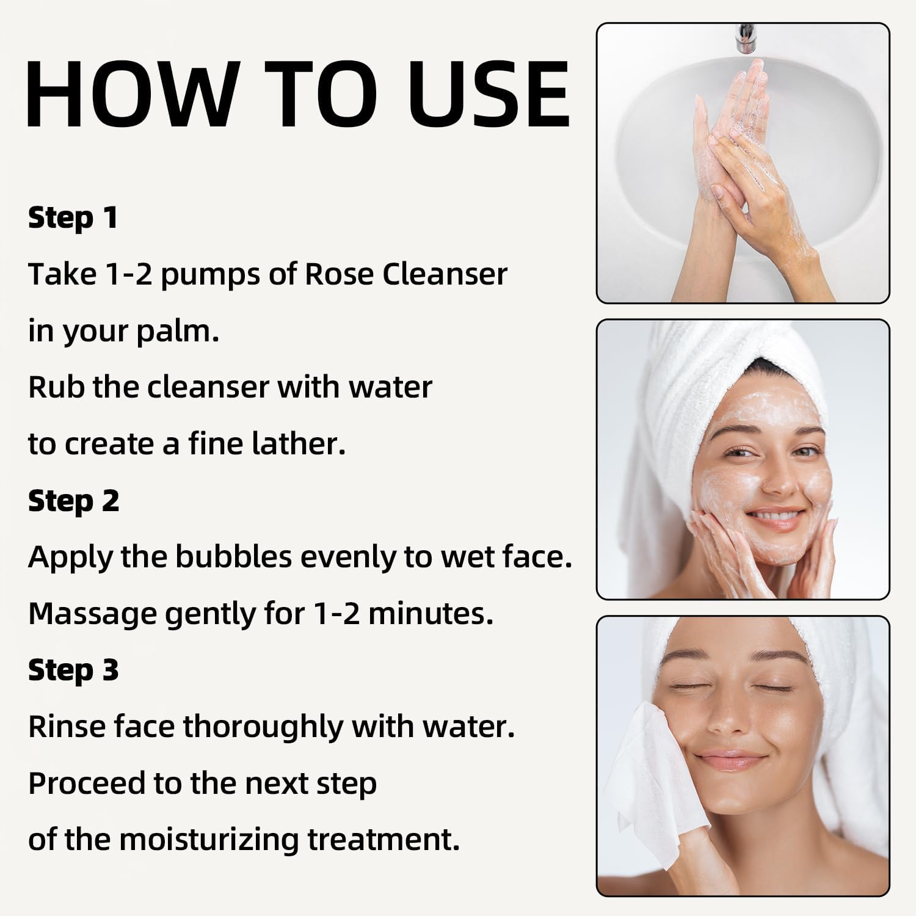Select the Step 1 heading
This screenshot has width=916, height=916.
(73, 218)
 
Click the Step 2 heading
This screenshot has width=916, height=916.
(73, 501)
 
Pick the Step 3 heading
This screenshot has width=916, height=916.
(73, 671)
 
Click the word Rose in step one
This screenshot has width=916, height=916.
(339, 274)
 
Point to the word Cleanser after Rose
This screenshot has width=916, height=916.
(445, 274)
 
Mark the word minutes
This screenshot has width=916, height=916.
(430, 614)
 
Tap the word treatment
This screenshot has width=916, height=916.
(383, 840)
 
